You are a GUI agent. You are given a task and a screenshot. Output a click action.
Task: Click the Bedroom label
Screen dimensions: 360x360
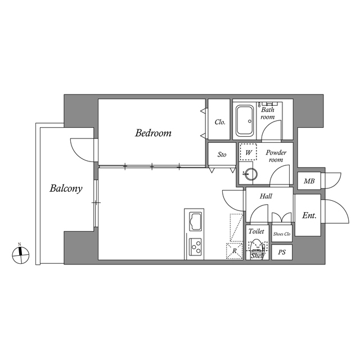coord(153,133)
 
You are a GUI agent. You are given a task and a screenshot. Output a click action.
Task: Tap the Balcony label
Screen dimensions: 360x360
coord(66,188)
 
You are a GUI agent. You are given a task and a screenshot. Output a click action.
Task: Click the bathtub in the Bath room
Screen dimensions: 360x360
coord(245,121)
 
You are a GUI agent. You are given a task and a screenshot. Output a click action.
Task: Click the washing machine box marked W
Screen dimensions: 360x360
coord(248,152)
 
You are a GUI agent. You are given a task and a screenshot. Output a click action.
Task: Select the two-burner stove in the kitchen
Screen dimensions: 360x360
coord(196,245)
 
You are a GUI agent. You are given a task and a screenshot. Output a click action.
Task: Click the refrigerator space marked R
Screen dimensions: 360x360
coord(235,251)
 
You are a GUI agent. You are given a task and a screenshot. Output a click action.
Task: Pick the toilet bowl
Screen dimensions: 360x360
coord(256,246)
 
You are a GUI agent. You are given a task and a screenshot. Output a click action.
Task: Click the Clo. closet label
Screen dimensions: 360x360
coord(220,121)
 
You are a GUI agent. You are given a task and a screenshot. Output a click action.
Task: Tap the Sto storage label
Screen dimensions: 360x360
coord(222,154)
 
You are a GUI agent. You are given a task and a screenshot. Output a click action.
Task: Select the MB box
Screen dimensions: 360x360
coord(309,181)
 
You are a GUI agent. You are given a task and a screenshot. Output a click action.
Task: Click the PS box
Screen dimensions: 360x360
coord(282,253)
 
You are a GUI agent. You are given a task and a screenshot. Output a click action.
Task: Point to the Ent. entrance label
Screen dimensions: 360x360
coord(309,215)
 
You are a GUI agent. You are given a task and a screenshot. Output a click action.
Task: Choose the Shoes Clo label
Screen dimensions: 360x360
coord(282,233)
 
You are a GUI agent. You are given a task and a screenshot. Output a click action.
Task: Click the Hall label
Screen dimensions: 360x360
coord(266,196)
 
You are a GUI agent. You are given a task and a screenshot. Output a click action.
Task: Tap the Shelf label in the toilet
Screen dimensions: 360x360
coord(257,256)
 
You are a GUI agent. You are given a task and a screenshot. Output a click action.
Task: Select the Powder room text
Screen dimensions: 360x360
coord(276,156)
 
